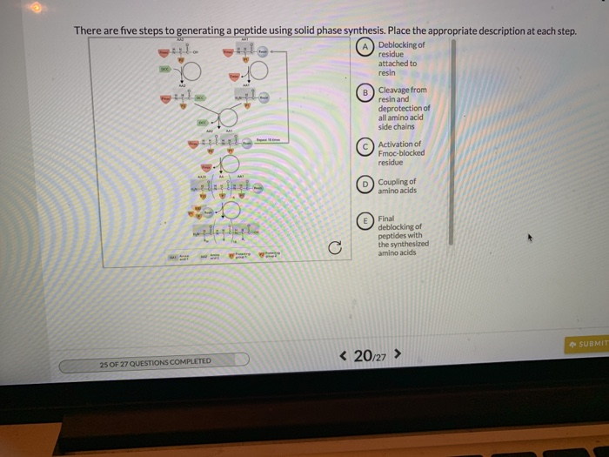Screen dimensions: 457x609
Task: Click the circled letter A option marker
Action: click(367, 47)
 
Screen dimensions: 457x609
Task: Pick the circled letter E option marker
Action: click(367, 222)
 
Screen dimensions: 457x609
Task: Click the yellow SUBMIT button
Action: click(587, 343)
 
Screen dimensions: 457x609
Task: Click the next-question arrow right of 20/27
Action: click(398, 355)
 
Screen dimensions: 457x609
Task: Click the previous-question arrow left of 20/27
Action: click(344, 355)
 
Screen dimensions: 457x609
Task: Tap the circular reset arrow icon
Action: click(333, 249)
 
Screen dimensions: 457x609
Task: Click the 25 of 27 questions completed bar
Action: click(154, 360)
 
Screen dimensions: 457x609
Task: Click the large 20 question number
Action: click(362, 355)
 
